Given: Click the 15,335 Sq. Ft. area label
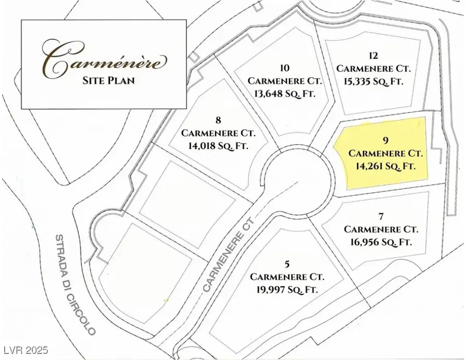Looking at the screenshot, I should tap(369, 81).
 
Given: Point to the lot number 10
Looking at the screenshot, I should tap(284, 68).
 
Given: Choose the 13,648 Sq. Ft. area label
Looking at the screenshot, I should tap(284, 94).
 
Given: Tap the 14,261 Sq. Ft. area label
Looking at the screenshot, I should tap(385, 166).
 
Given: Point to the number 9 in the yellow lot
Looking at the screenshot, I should tap(385, 140).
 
